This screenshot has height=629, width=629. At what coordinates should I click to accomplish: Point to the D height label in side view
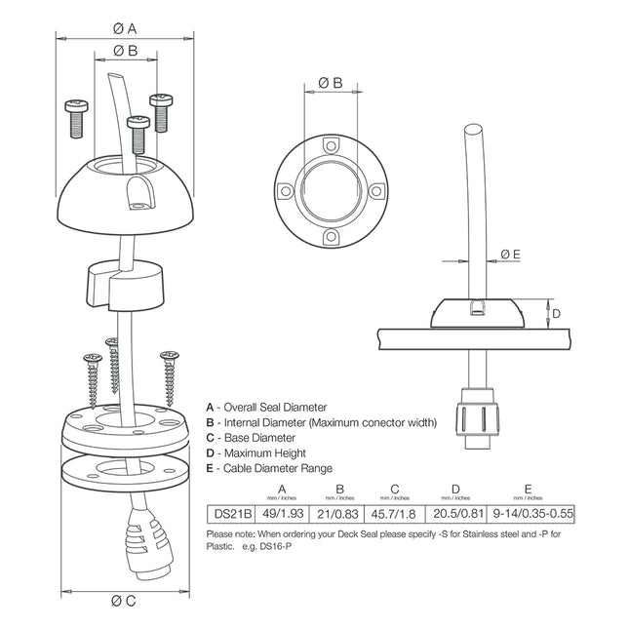tap(556, 314)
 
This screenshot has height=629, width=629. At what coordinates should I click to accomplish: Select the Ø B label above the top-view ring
tap(331, 84)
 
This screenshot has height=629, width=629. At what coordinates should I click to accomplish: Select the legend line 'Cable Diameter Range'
tap(268, 469)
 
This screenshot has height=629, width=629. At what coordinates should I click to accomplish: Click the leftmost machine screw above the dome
tap(74, 117)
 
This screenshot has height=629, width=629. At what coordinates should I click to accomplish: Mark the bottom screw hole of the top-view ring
tap(331, 238)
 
